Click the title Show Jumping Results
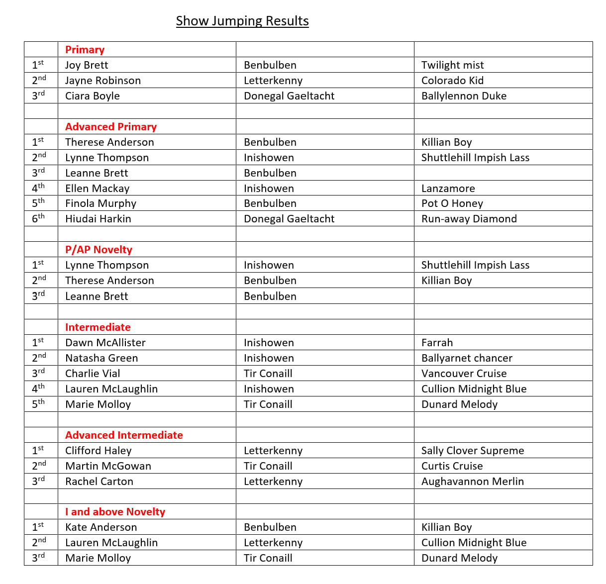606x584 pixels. (242, 21)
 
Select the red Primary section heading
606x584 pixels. (85, 50)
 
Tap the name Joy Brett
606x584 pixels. (87, 65)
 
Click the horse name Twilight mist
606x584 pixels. (452, 65)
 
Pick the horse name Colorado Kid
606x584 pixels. (452, 81)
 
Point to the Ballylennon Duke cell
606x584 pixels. (464, 96)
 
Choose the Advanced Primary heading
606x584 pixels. (111, 127)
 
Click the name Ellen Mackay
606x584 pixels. (97, 189)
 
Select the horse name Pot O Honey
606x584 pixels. (452, 203)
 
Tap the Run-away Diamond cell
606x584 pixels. (469, 219)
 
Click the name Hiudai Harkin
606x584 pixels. (98, 219)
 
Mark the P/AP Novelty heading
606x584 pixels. (99, 250)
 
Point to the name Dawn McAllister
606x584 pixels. (105, 343)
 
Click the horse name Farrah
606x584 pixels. (437, 343)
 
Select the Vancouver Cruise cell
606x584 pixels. (464, 374)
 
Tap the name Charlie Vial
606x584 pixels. (93, 374)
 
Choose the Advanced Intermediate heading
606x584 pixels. (124, 435)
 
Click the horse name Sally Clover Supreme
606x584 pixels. (472, 451)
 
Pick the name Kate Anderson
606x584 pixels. (101, 527)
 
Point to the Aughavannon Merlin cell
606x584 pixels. (472, 482)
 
